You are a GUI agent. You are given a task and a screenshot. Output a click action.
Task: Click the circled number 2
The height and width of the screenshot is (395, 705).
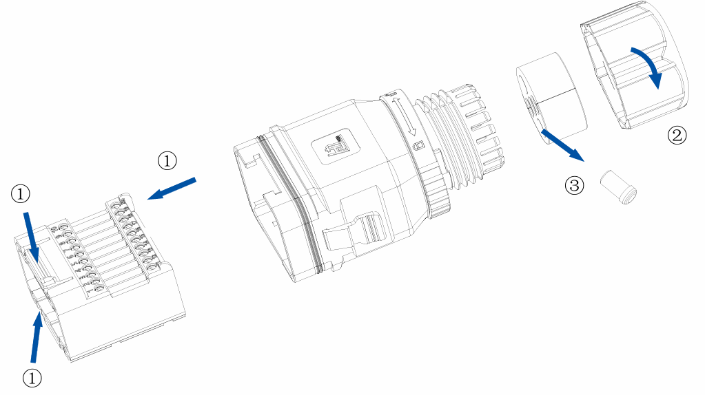677,134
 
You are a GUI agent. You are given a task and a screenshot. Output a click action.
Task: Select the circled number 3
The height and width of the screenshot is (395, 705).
574,184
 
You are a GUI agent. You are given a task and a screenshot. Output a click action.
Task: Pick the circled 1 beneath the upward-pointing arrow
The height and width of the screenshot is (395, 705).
32,377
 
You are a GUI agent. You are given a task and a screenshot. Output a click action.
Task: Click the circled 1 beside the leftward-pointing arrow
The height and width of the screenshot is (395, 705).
167,160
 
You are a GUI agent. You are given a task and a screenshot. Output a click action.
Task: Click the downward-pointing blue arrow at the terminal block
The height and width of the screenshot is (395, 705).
30,237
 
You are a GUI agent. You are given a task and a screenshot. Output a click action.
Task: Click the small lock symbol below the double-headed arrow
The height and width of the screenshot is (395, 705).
417,146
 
